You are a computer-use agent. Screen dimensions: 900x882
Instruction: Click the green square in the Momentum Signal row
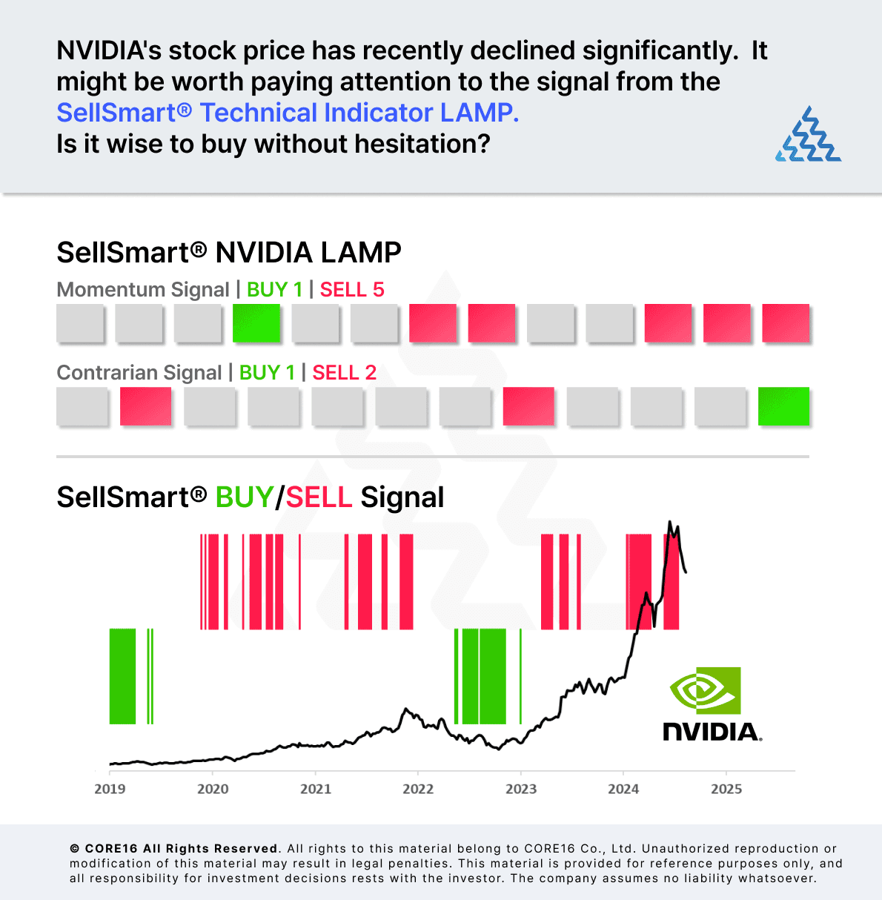(x=256, y=323)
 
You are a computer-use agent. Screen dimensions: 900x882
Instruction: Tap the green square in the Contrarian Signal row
(x=783, y=406)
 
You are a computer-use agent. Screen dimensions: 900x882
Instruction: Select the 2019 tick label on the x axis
(x=110, y=789)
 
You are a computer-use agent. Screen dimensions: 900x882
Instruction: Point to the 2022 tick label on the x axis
(x=418, y=789)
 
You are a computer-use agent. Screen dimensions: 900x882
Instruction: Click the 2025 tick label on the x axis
(x=726, y=789)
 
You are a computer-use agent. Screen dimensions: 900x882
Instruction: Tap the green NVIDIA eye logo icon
(x=705, y=690)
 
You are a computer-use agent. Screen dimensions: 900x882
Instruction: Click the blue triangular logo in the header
(x=809, y=135)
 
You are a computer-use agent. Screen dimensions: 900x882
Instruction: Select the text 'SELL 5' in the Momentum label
(x=352, y=290)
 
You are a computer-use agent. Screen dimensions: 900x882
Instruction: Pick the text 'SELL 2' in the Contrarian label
(x=345, y=373)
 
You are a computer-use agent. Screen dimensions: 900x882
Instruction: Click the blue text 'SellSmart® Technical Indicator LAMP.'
(x=288, y=113)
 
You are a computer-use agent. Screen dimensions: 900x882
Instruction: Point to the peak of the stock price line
(x=670, y=522)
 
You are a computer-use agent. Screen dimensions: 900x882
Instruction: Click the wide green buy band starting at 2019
(x=122, y=675)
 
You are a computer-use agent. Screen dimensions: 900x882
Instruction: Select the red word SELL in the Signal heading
(x=319, y=497)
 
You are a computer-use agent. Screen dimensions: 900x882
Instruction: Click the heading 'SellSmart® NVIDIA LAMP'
(x=229, y=253)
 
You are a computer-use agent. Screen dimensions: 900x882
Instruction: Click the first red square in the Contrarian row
(x=145, y=406)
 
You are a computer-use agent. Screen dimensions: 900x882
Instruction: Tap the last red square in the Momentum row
(x=786, y=323)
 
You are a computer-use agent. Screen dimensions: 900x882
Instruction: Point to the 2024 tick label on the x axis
(x=623, y=789)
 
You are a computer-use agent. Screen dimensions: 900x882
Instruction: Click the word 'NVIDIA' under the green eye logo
(x=712, y=732)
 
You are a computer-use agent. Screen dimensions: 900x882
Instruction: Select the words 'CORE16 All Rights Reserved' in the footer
(x=181, y=849)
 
